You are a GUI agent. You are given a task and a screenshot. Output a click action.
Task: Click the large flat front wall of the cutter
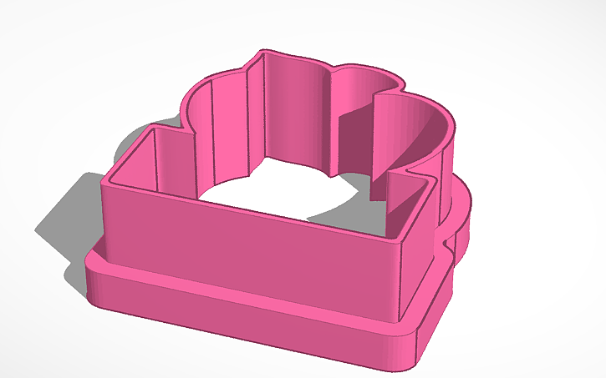click(x=251, y=242)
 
